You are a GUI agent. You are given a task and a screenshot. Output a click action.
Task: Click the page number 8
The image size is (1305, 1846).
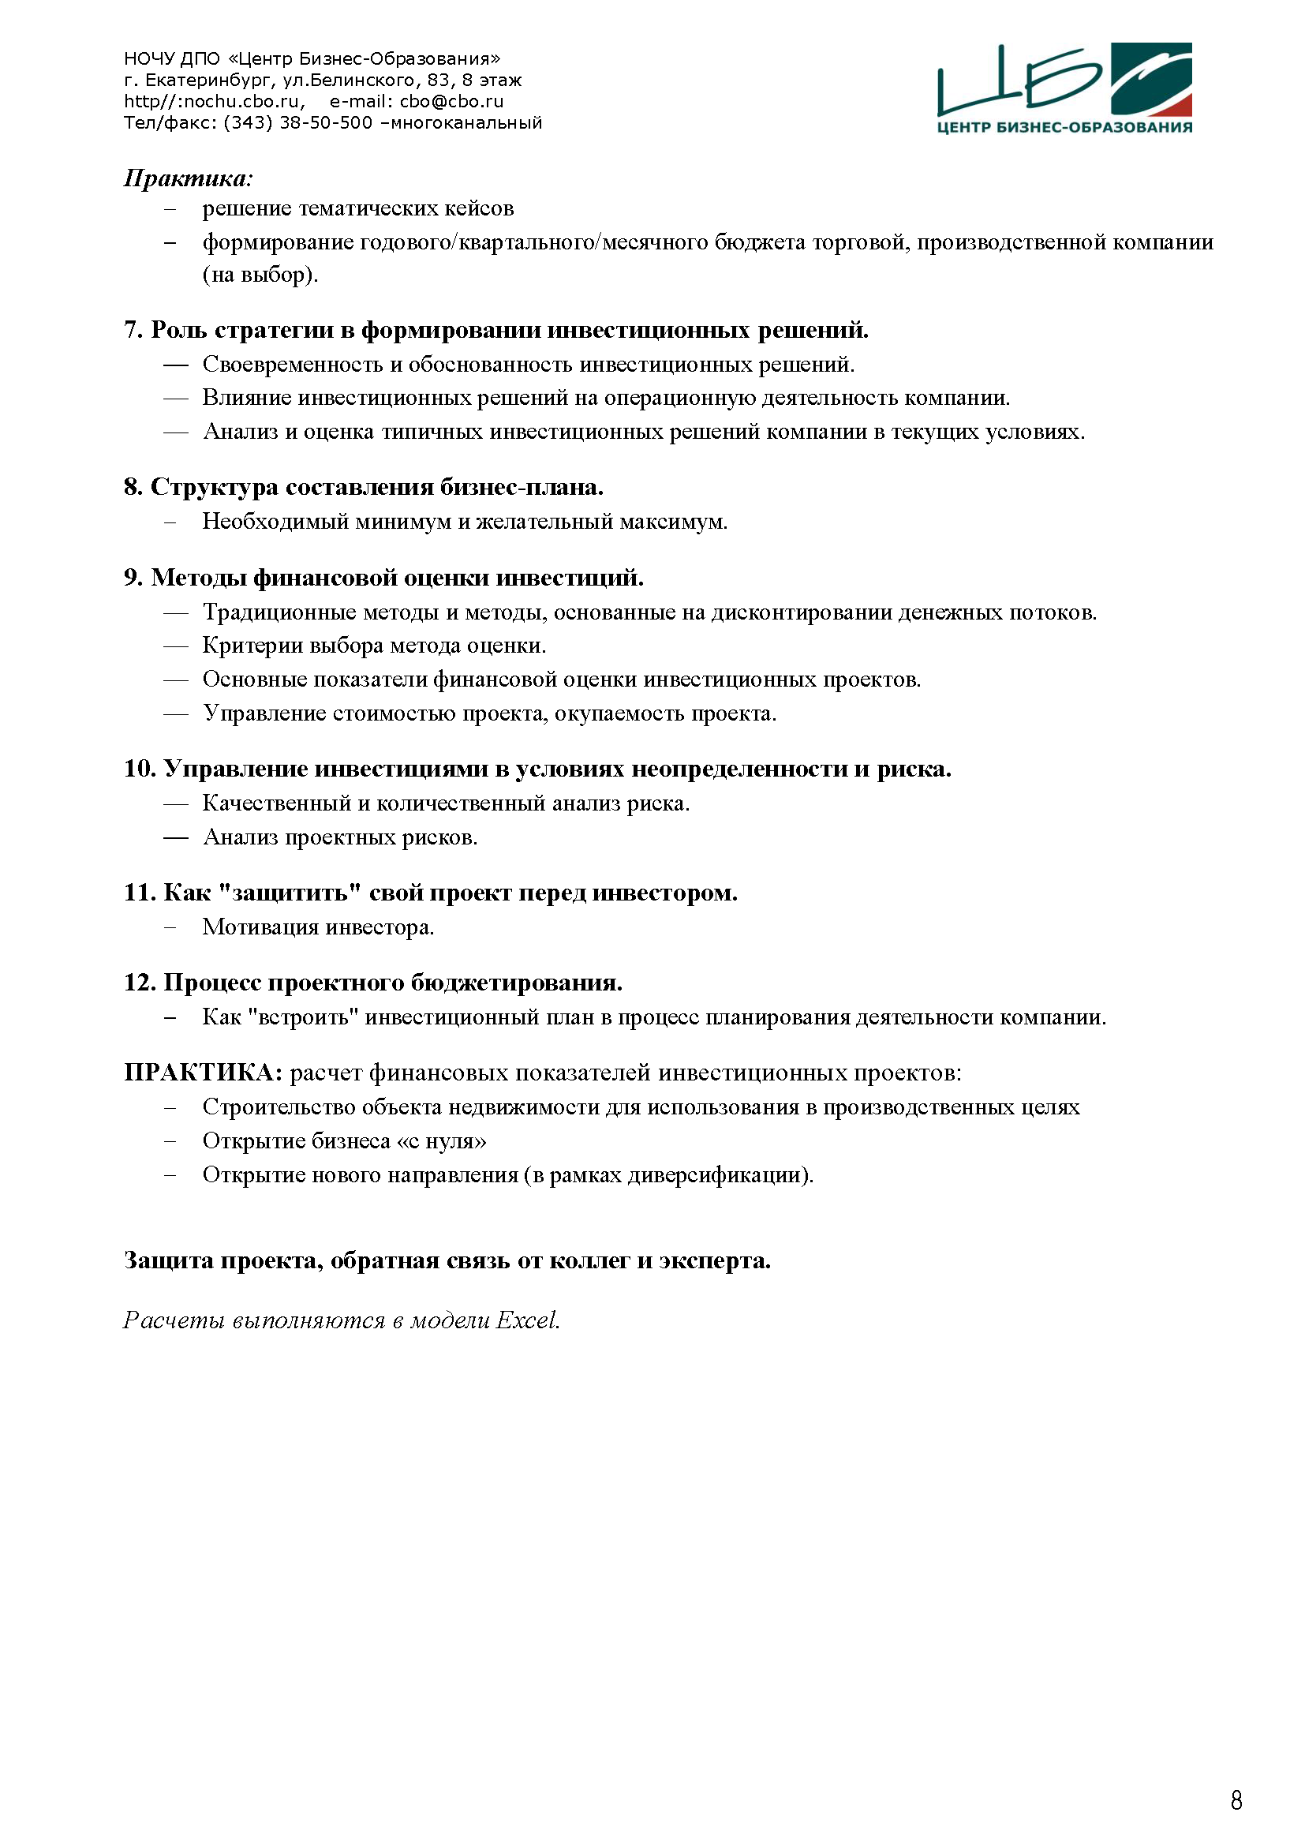[1236, 1799]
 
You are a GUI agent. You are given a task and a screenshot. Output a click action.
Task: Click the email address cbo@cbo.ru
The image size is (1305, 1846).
[451, 101]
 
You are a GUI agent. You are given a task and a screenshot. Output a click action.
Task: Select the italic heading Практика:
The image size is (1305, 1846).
[188, 178]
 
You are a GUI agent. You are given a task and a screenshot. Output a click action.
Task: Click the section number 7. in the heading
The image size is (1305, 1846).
[133, 331]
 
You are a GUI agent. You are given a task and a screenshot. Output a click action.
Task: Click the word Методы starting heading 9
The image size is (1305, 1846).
[199, 578]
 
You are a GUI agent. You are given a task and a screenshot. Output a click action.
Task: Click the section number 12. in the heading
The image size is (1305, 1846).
[140, 983]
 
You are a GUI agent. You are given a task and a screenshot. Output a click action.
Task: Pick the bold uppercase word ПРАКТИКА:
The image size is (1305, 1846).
[204, 1073]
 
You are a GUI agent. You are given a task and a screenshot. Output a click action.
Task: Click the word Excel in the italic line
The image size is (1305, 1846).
[527, 1320]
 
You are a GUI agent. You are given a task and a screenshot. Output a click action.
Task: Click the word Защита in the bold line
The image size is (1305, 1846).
[168, 1260]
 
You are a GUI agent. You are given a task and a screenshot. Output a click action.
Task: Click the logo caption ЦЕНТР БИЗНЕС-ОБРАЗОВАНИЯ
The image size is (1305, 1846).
[1064, 127]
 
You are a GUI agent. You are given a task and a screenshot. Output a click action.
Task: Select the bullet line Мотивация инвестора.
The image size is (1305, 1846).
[318, 928]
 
